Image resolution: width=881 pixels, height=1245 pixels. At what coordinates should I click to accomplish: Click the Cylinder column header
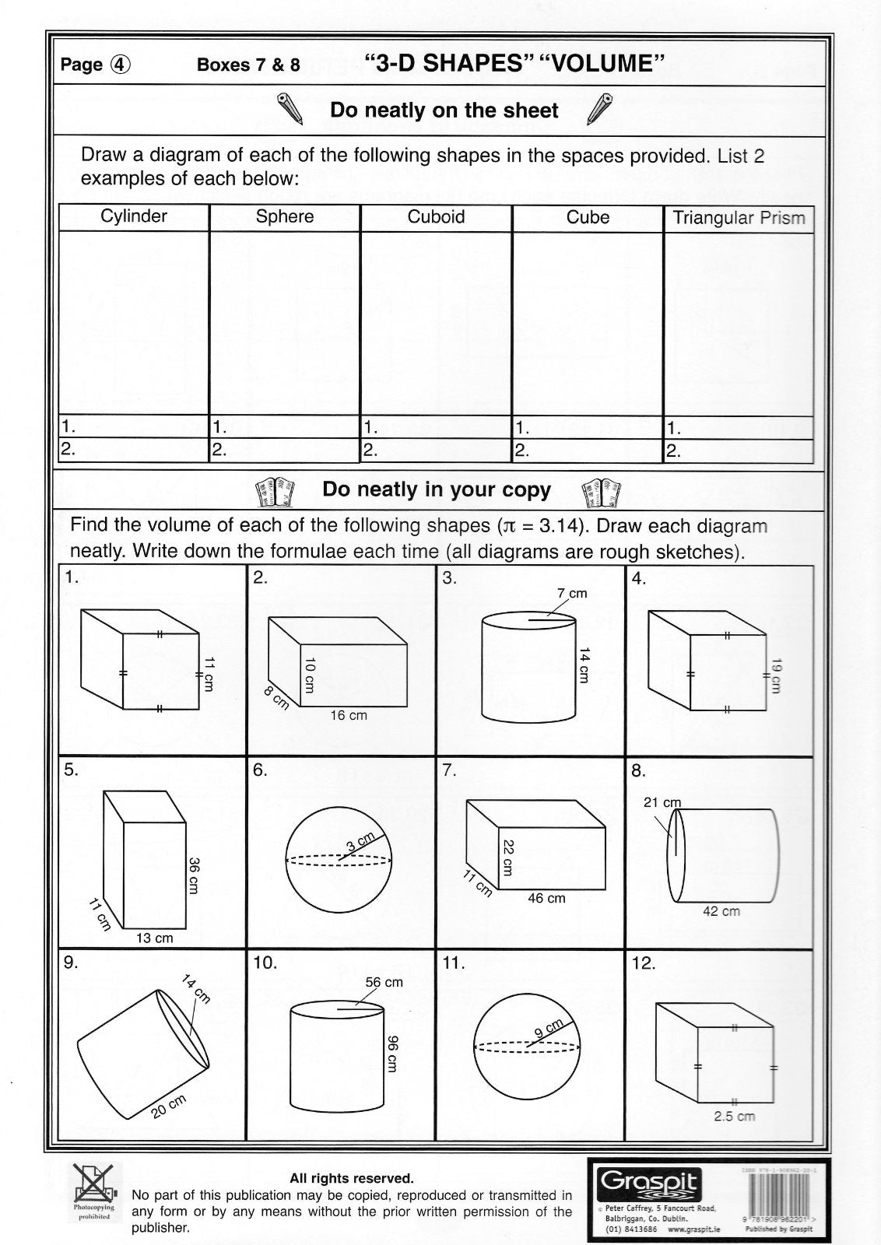point(134,216)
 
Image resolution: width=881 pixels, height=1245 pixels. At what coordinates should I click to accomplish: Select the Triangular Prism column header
point(739,218)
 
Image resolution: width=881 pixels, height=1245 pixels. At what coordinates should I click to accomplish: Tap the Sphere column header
point(285,216)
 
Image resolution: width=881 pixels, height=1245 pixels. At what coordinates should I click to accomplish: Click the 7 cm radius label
point(572,594)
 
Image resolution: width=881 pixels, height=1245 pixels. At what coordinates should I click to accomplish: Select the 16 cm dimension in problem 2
point(349,715)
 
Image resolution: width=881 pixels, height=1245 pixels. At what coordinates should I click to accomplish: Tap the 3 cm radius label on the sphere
point(361,841)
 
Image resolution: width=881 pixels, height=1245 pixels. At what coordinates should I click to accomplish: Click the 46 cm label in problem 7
point(546,898)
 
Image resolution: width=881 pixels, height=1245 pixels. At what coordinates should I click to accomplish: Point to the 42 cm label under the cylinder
point(721,911)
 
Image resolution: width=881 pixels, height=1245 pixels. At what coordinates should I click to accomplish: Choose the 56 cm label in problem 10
point(384,982)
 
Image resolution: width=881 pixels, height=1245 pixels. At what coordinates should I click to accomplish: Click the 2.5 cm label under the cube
point(735,1117)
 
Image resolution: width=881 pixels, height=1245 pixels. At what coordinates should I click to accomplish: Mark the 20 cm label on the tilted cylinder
point(170,1106)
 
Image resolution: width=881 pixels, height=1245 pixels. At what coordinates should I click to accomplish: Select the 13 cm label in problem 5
point(154,938)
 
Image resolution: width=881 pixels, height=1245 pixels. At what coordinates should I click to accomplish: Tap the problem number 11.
point(453,963)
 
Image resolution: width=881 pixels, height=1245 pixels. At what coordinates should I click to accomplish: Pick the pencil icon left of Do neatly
point(290,110)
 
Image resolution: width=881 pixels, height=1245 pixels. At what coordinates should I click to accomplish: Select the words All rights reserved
point(352,1179)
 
